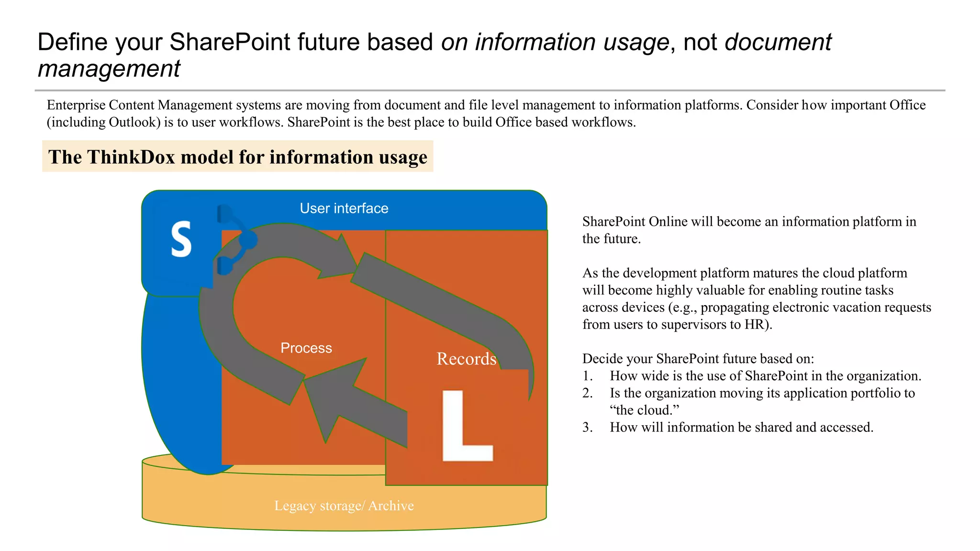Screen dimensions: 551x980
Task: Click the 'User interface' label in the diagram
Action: [x=344, y=208]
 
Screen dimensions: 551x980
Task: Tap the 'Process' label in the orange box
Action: [x=306, y=348]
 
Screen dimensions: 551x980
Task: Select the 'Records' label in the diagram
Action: [x=466, y=359]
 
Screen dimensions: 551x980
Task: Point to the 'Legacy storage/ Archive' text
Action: [x=344, y=506]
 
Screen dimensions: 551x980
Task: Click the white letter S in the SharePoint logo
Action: [x=181, y=239]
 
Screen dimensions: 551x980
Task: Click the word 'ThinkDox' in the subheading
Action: [x=131, y=157]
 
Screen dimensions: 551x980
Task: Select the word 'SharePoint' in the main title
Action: [x=230, y=42]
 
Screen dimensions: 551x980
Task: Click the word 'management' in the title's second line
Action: [x=109, y=68]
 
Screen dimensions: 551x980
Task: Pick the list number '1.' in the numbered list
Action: [x=588, y=376]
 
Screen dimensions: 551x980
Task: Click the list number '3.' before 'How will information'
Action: [x=588, y=427]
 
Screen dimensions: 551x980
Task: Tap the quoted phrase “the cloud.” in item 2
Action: [x=644, y=410]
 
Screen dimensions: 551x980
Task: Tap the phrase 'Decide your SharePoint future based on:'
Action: [x=698, y=359]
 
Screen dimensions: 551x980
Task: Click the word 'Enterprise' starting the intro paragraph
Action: [x=77, y=105]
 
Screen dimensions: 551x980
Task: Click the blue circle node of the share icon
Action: [x=247, y=240]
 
